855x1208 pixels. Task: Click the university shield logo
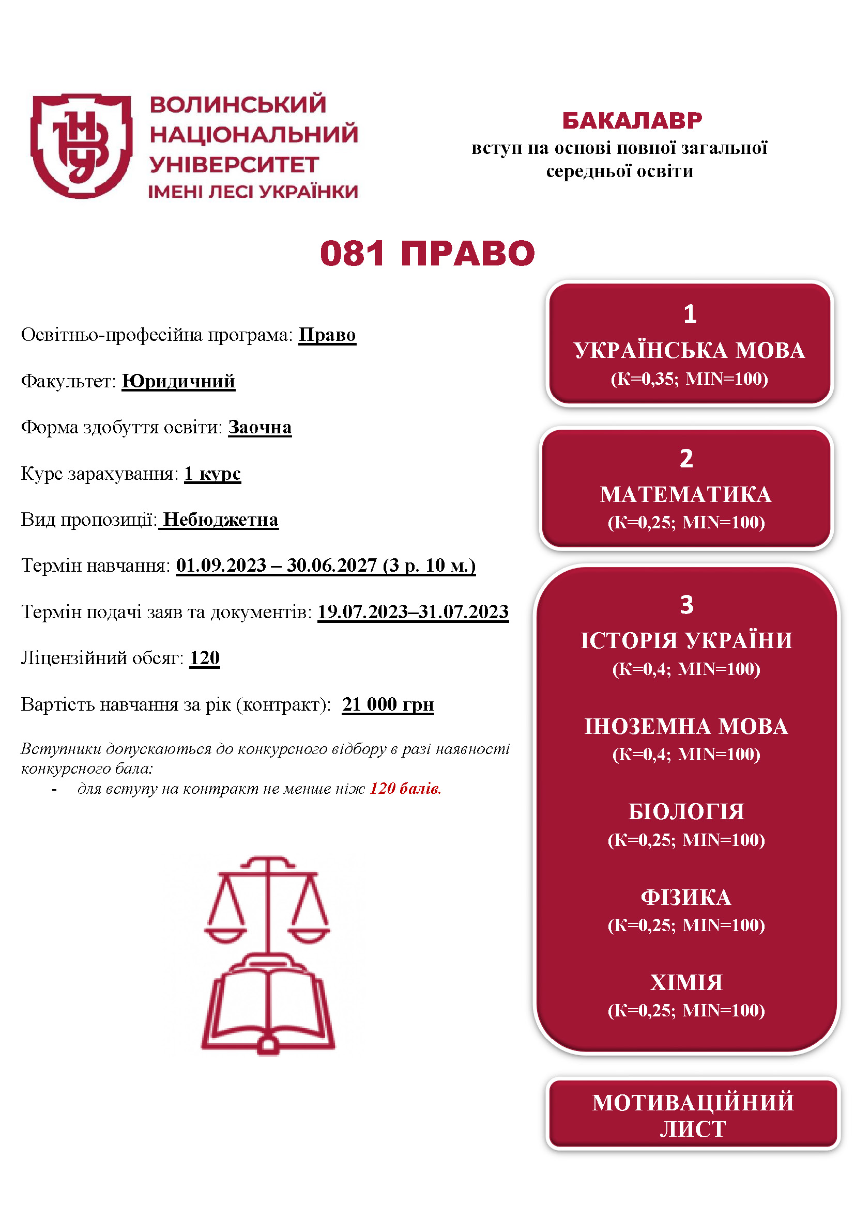point(82,146)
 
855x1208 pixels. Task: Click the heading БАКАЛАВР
point(632,121)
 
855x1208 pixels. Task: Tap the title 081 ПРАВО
point(427,254)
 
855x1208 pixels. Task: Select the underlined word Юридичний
point(178,381)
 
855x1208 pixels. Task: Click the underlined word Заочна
point(259,427)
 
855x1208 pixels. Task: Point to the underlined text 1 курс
point(212,474)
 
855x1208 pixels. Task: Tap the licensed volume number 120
point(205,657)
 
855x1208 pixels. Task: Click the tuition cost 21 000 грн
point(388,704)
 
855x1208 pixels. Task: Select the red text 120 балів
point(405,789)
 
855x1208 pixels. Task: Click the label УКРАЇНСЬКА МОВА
point(689,350)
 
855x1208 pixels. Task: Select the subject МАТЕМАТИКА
point(685,495)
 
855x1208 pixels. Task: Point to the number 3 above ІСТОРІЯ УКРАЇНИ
point(686,605)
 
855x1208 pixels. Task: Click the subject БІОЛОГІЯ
point(686,812)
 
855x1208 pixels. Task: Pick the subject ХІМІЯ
point(686,983)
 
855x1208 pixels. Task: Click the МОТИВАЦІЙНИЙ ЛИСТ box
point(692,1116)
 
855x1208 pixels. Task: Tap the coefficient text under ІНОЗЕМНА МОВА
point(686,755)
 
